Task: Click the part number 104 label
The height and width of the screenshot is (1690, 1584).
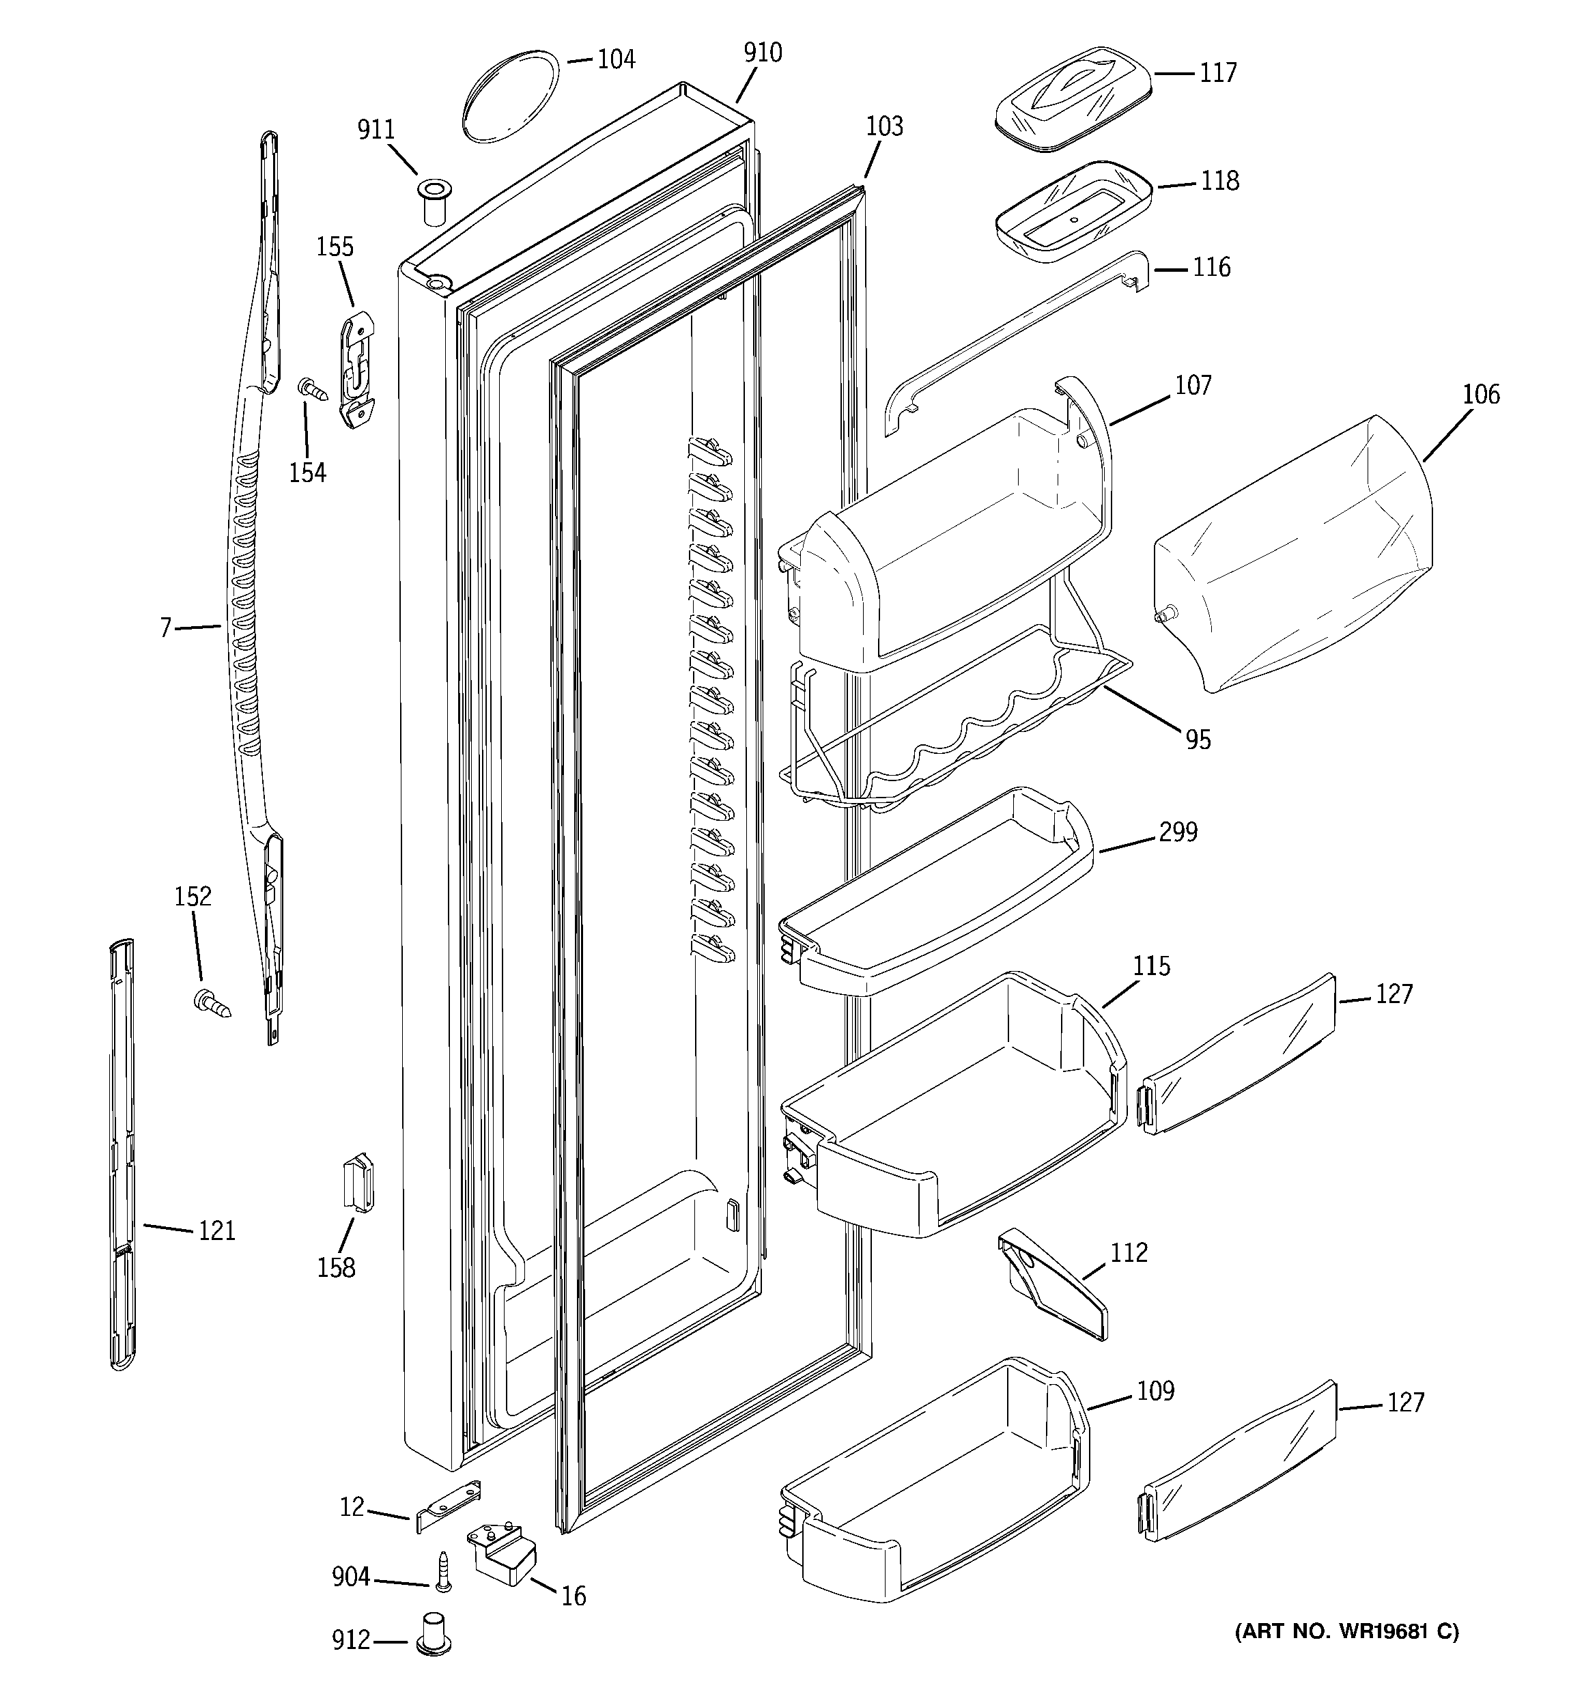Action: tap(617, 59)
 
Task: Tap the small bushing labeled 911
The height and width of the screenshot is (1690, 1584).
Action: tap(434, 201)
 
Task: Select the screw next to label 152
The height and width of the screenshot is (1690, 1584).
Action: tap(211, 1003)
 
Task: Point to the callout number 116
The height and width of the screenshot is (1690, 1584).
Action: tap(1211, 268)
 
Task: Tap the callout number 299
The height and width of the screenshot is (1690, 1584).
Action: tap(1178, 832)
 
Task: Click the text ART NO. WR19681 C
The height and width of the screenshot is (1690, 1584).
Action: tap(1346, 1631)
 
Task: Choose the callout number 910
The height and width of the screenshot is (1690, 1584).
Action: tap(763, 53)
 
